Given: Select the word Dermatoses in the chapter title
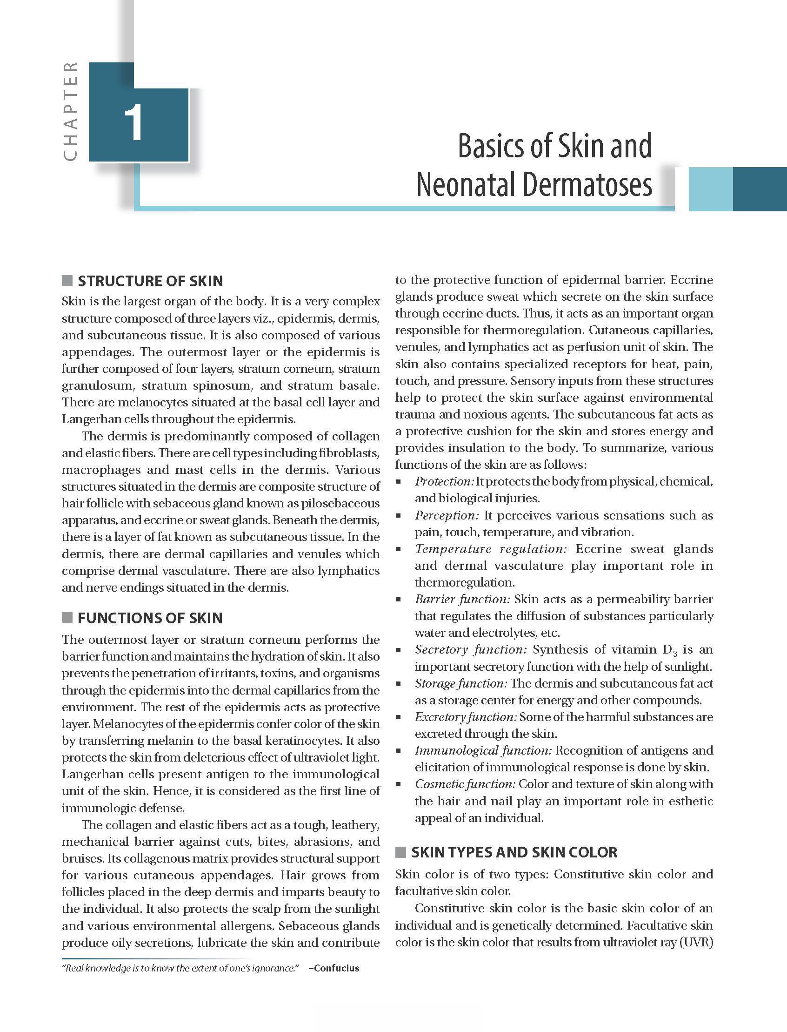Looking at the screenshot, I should (587, 185).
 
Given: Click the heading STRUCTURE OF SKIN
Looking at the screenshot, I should (150, 281).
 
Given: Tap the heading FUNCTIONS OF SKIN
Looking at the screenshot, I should (150, 618).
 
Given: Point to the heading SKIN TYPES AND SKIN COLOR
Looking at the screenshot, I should (514, 852).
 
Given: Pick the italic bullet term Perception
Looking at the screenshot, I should (447, 515).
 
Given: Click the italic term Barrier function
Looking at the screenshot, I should (462, 599).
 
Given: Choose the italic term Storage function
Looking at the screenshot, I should (460, 683).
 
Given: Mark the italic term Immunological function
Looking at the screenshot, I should (483, 750).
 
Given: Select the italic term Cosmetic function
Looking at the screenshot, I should (465, 784).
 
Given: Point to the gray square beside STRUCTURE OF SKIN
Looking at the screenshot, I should (67, 281).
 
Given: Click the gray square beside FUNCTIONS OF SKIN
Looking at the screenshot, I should (67, 618).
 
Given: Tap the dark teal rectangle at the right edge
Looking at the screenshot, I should (760, 189).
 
